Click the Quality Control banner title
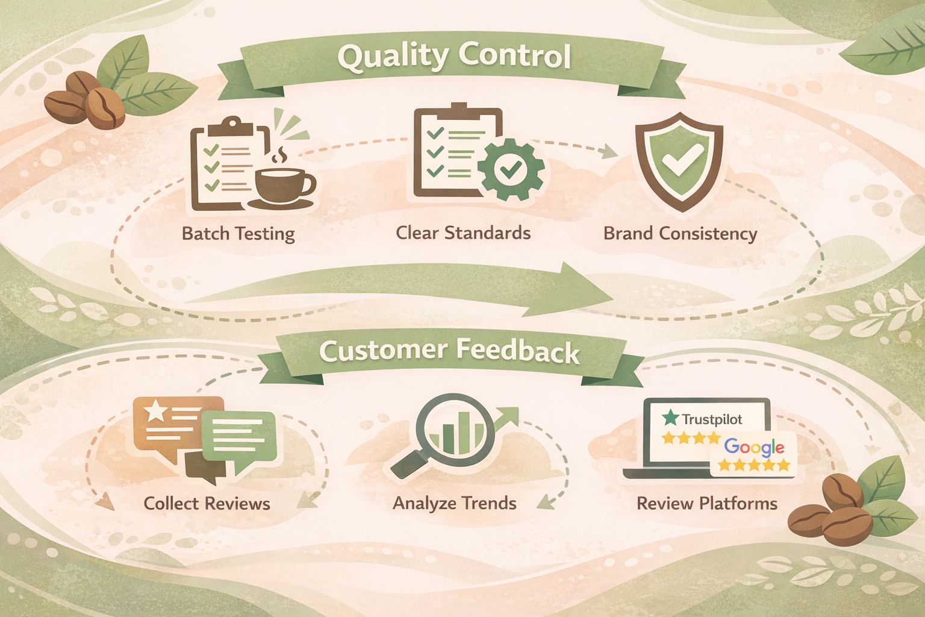point(453,56)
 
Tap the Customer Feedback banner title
point(449,351)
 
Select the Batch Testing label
point(238,233)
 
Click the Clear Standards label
point(463,233)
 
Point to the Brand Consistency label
point(680,233)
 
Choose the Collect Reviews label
point(207,503)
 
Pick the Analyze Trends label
point(455,503)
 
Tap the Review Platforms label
point(707,503)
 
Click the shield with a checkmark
point(679,161)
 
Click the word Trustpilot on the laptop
point(712,419)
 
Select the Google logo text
point(754,447)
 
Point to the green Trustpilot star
point(670,418)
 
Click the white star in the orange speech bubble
point(155,410)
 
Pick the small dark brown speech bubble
point(201,468)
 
